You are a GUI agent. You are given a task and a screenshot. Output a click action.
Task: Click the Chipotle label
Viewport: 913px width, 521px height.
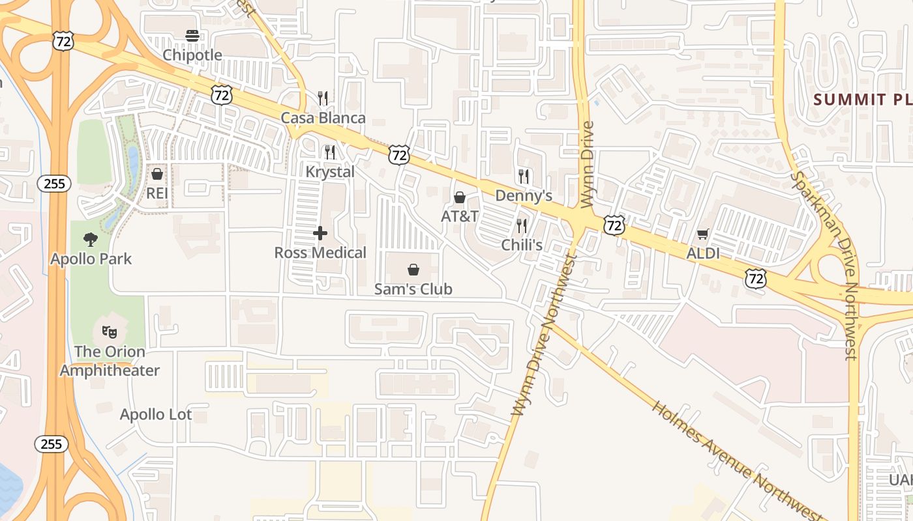192,55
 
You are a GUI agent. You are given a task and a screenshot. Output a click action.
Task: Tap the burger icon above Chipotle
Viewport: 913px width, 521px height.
192,35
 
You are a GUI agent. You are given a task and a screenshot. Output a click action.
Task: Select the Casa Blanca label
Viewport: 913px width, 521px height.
323,118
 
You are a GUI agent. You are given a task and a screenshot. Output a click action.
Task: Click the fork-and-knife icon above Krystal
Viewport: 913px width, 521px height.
330,152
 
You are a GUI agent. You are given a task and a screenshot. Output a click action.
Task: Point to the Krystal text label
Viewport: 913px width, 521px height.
330,172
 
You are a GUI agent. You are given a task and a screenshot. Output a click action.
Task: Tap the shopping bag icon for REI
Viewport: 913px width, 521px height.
157,174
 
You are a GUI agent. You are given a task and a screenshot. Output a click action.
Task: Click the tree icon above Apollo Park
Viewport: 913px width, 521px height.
91,240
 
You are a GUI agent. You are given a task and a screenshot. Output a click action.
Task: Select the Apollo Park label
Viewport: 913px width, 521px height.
91,259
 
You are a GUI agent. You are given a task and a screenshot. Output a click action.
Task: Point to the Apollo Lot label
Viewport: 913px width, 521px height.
156,415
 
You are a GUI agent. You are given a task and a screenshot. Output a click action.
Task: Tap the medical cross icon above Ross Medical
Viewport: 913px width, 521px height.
320,233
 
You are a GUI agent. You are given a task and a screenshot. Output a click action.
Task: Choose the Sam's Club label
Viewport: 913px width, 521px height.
413,289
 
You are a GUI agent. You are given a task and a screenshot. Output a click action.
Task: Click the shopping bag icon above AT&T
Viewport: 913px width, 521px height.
460,197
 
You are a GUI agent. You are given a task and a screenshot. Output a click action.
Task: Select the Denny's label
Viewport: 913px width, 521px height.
524,196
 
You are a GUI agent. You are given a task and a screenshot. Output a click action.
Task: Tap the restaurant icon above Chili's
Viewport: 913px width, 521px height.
522,226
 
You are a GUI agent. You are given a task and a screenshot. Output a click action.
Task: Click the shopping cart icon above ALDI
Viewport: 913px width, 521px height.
702,234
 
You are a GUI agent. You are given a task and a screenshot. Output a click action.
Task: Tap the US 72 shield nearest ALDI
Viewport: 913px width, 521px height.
756,279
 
